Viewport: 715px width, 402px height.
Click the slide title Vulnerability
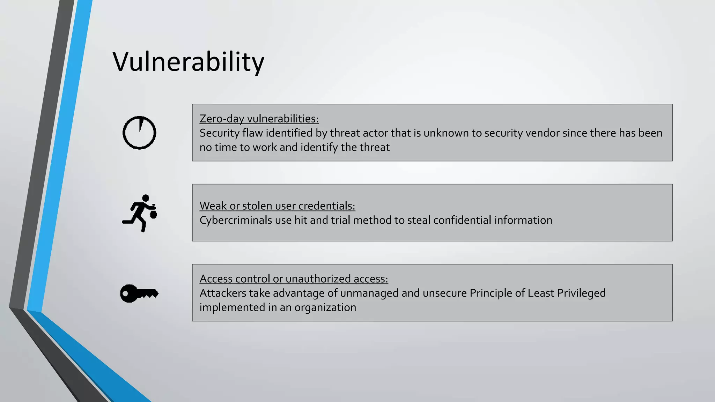pos(188,62)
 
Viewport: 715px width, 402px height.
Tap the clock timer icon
pos(139,133)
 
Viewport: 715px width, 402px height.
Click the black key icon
pos(139,293)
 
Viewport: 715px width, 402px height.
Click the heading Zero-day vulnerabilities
pos(259,119)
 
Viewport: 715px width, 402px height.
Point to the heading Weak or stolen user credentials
pos(277,206)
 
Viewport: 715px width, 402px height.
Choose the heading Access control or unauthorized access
pos(294,279)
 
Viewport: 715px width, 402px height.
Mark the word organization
pos(325,307)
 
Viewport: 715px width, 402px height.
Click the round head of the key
pos(128,293)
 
